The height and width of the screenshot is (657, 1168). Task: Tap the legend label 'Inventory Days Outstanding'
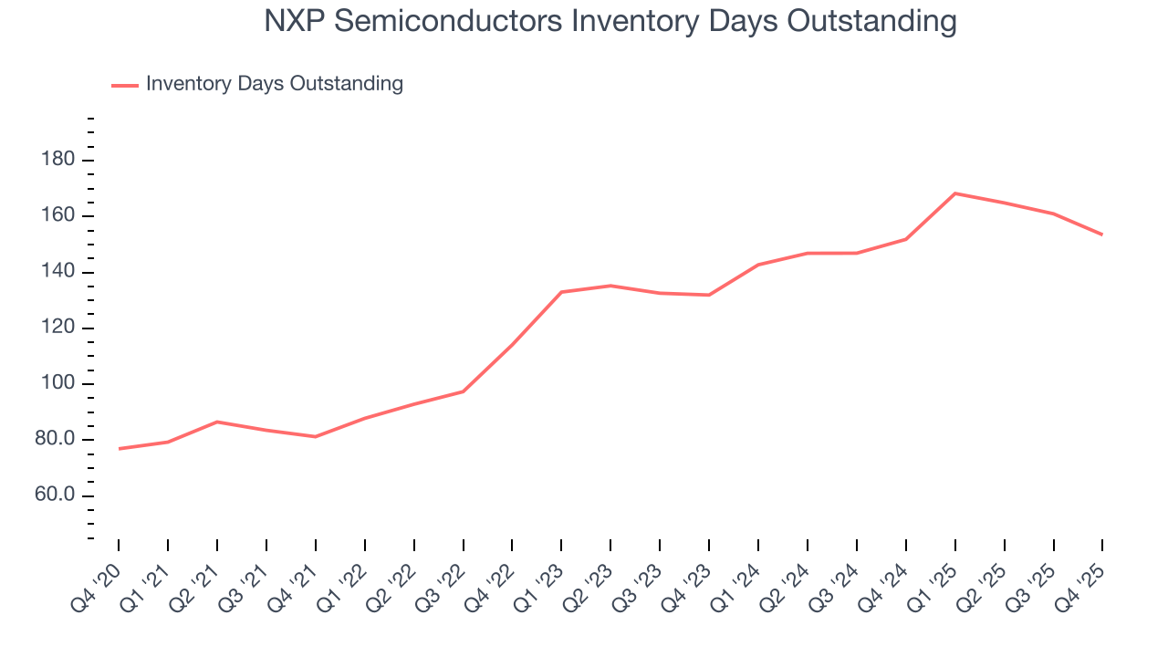pyautogui.click(x=274, y=84)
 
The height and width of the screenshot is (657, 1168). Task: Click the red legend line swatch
pyautogui.click(x=125, y=85)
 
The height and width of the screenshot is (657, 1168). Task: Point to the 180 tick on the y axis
pyautogui.click(x=57, y=161)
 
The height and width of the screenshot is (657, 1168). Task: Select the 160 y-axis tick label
pyautogui.click(x=57, y=217)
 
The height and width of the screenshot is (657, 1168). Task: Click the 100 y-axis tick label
pyautogui.click(x=57, y=384)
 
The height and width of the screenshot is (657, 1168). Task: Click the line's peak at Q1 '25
pyautogui.click(x=954, y=193)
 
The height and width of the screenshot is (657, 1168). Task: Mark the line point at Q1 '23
pyautogui.click(x=561, y=292)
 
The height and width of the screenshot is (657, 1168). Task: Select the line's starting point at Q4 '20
pyautogui.click(x=119, y=449)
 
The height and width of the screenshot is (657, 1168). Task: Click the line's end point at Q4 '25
pyautogui.click(x=1102, y=235)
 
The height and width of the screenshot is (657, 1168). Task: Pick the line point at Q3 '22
pyautogui.click(x=463, y=391)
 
